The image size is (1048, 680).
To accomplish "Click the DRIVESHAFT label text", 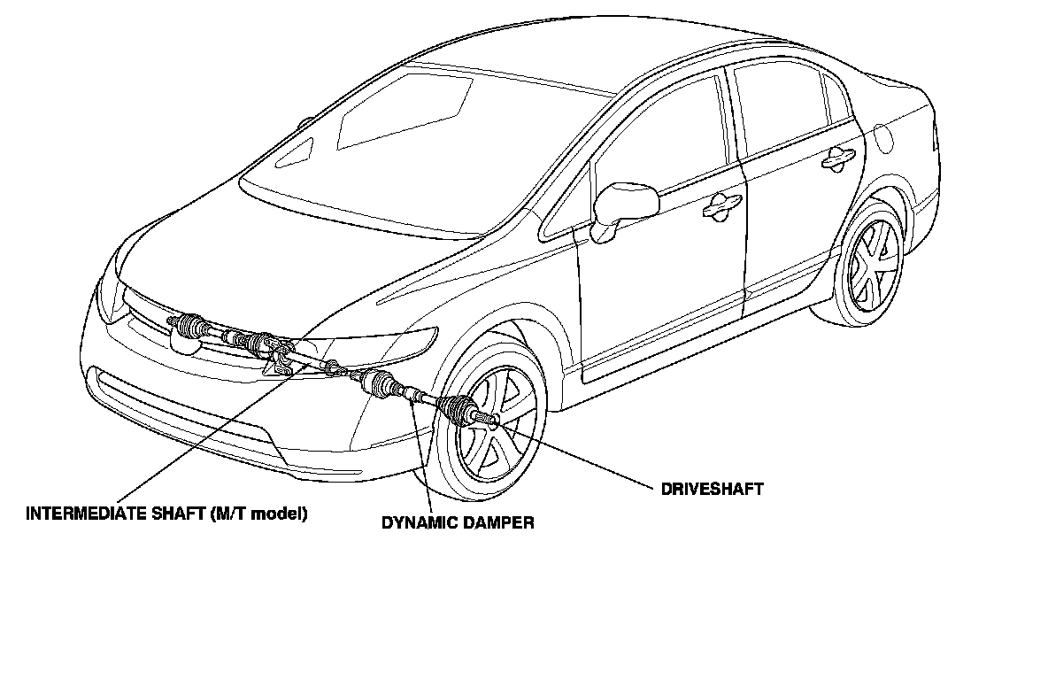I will click(x=712, y=489).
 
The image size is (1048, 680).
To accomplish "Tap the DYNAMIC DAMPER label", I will click(x=458, y=522).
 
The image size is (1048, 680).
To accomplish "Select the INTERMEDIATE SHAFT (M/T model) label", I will click(x=166, y=514).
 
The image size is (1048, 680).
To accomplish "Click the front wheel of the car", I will click(x=491, y=425).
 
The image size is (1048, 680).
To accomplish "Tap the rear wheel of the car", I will click(x=870, y=263).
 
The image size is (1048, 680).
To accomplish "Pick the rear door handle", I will click(x=836, y=158).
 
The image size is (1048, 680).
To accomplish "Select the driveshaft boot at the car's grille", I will click(x=188, y=326).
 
